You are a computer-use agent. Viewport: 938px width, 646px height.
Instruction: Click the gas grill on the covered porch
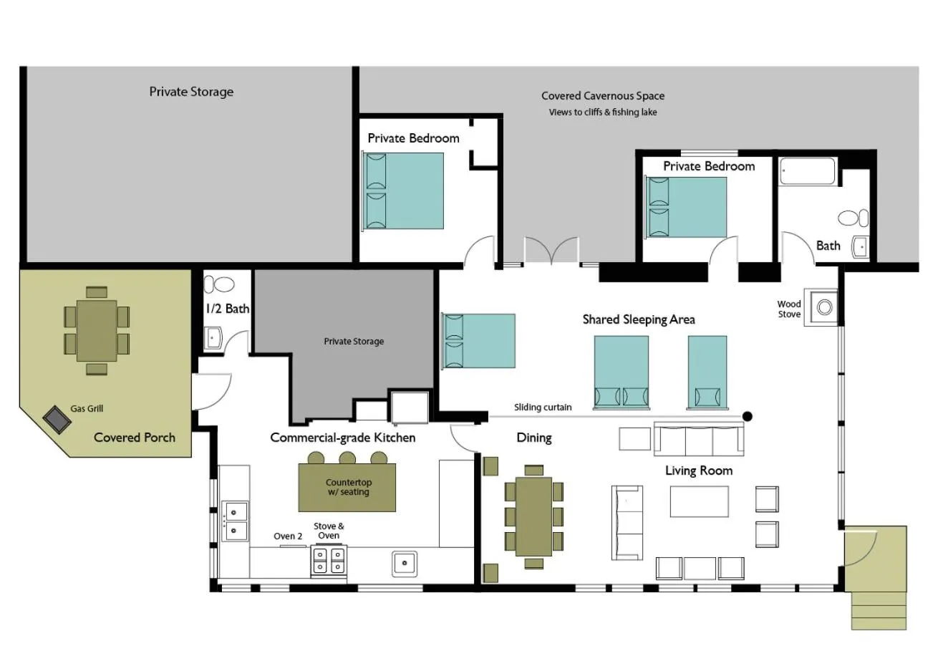(57, 419)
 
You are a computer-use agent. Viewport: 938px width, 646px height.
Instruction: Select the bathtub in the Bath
(807, 172)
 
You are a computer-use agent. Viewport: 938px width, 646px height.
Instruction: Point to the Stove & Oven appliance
(329, 560)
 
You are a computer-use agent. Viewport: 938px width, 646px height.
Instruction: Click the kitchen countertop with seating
(347, 488)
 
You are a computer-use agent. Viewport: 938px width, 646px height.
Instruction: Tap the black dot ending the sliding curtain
(748, 416)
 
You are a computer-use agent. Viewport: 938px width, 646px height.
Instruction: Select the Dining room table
(533, 516)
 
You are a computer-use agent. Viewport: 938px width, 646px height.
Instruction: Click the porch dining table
(97, 330)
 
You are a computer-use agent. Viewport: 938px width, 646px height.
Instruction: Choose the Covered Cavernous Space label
(602, 96)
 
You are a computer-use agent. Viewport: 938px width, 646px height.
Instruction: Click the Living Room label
(699, 471)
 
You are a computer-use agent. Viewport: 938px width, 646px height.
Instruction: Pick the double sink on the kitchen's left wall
(236, 521)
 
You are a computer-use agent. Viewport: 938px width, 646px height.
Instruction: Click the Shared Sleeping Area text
(638, 319)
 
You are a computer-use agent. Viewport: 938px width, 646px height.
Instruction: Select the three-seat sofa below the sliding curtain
(699, 439)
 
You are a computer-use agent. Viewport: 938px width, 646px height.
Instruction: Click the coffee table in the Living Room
(699, 501)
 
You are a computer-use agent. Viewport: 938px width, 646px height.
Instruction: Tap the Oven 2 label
(288, 536)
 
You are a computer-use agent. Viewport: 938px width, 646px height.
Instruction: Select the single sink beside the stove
(405, 564)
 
